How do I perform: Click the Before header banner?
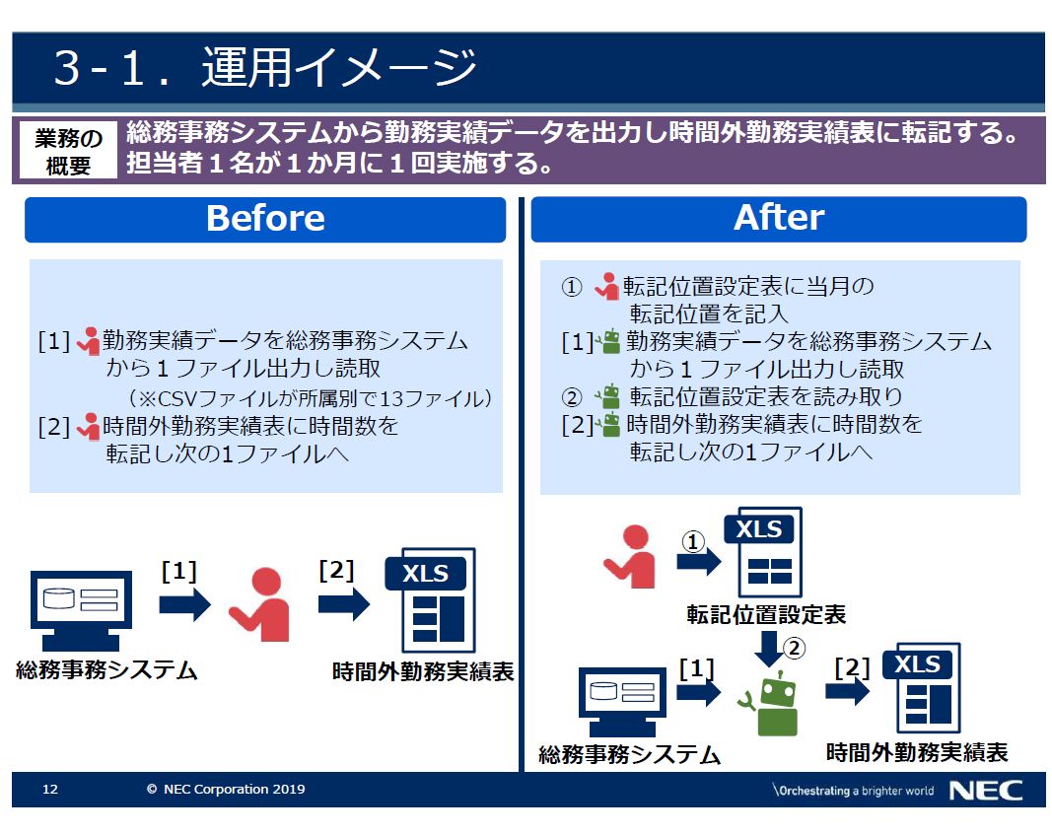pyautogui.click(x=265, y=219)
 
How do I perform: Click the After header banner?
pyautogui.click(x=778, y=219)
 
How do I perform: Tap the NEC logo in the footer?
pyautogui.click(x=986, y=790)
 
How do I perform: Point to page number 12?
pyautogui.click(x=50, y=790)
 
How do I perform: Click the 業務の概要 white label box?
pyautogui.click(x=68, y=150)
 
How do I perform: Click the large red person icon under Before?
pyautogui.click(x=260, y=605)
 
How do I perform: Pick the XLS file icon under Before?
pyautogui.click(x=431, y=600)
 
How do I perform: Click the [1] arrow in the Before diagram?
pyautogui.click(x=184, y=604)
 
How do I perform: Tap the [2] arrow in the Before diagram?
pyautogui.click(x=343, y=603)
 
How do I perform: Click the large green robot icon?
pyautogui.click(x=772, y=705)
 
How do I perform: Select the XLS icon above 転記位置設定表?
pyautogui.click(x=763, y=552)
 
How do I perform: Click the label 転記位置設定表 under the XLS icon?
pyautogui.click(x=766, y=615)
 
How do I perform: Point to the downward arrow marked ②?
pyautogui.click(x=769, y=649)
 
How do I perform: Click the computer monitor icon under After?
pyautogui.click(x=622, y=702)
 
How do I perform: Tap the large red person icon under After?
pyautogui.click(x=631, y=557)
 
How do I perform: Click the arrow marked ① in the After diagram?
pyautogui.click(x=698, y=561)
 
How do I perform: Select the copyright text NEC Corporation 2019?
pyautogui.click(x=226, y=790)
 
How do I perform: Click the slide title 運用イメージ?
pyautogui.click(x=339, y=68)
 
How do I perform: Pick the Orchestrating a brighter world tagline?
pyautogui.click(x=853, y=791)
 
